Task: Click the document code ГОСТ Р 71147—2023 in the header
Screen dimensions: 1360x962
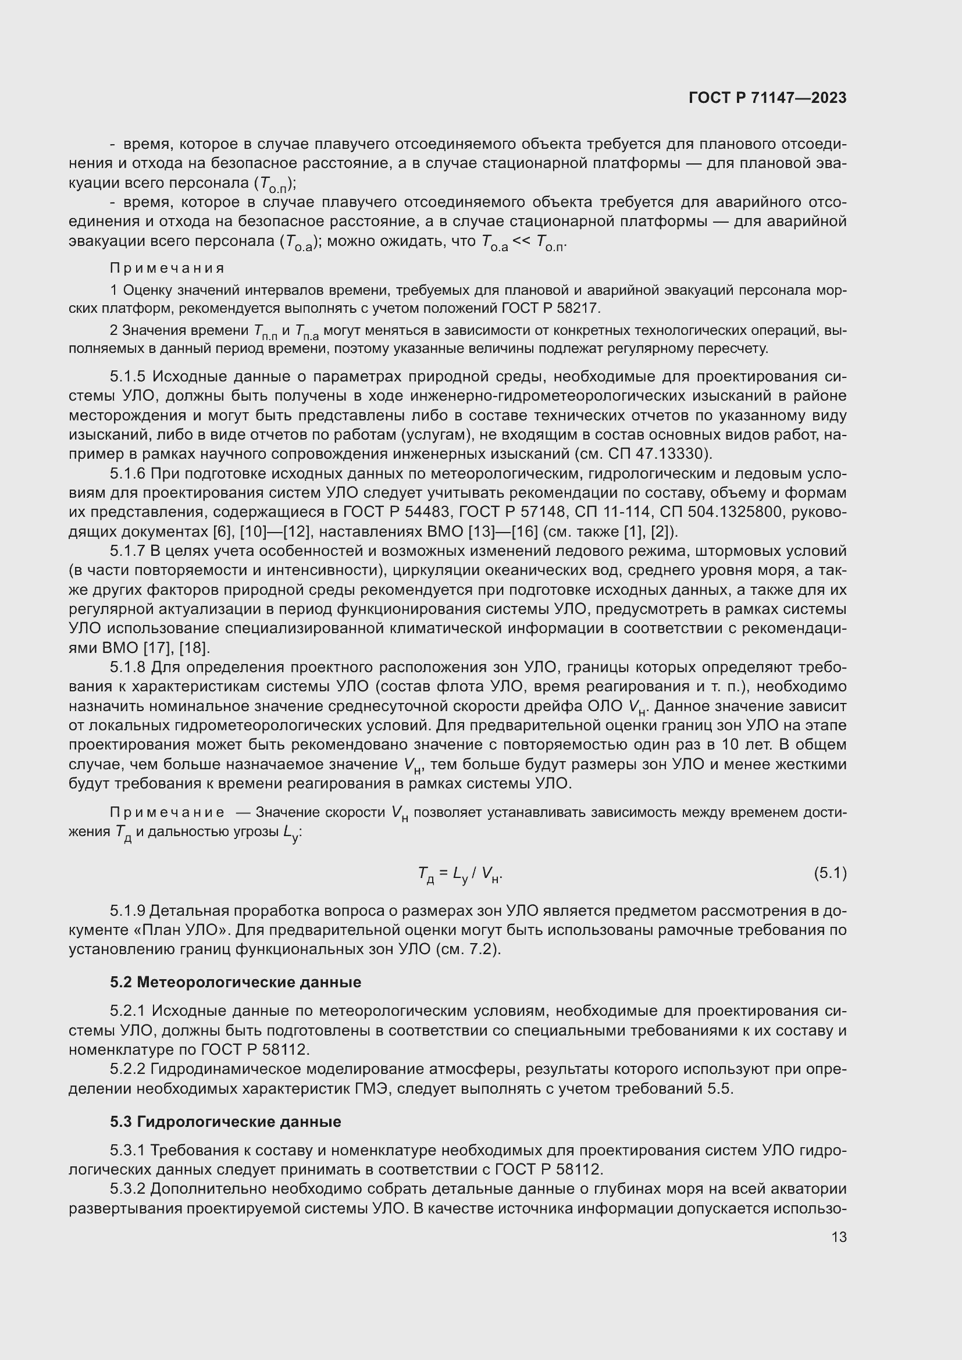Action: (x=767, y=98)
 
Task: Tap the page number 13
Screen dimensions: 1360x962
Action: (x=839, y=1237)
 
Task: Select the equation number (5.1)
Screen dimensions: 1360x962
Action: (x=830, y=873)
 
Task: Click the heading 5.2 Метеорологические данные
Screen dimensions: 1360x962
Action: (x=235, y=982)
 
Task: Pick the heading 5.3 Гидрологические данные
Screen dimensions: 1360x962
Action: (x=225, y=1122)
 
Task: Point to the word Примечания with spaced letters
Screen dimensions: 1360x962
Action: (x=167, y=268)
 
